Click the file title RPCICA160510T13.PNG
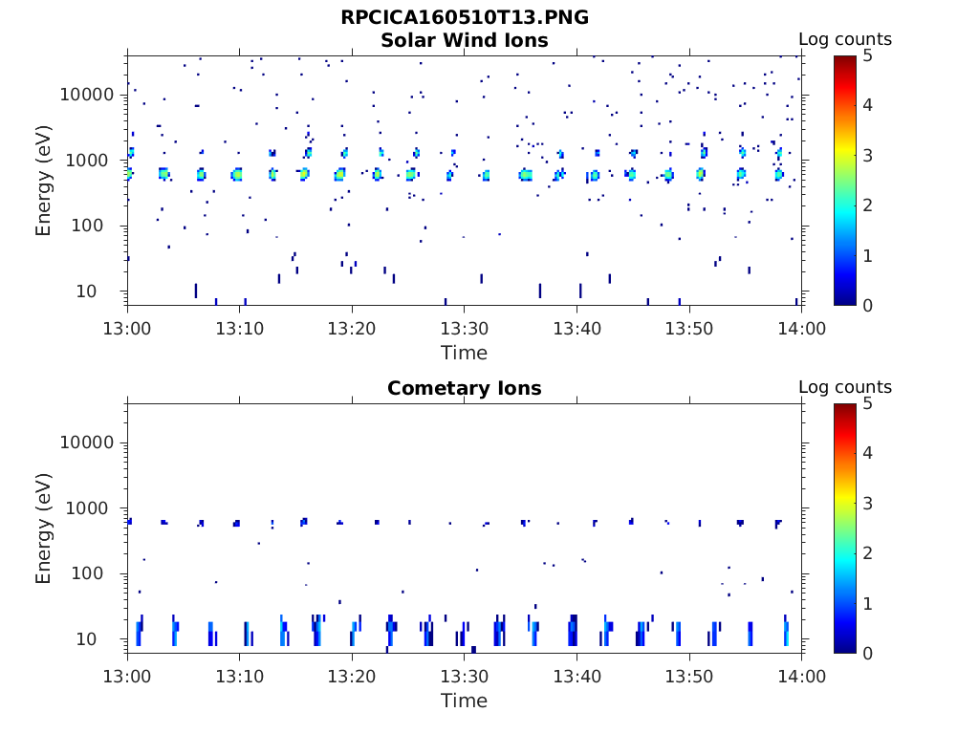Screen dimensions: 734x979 (465, 17)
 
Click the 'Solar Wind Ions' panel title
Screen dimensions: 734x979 (465, 40)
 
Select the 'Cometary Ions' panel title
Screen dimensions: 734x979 (465, 388)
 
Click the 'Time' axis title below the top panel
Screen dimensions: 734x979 (465, 353)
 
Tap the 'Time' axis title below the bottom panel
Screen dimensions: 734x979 (465, 701)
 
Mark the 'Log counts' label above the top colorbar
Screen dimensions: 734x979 (845, 39)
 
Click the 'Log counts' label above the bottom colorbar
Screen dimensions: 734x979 (845, 387)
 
